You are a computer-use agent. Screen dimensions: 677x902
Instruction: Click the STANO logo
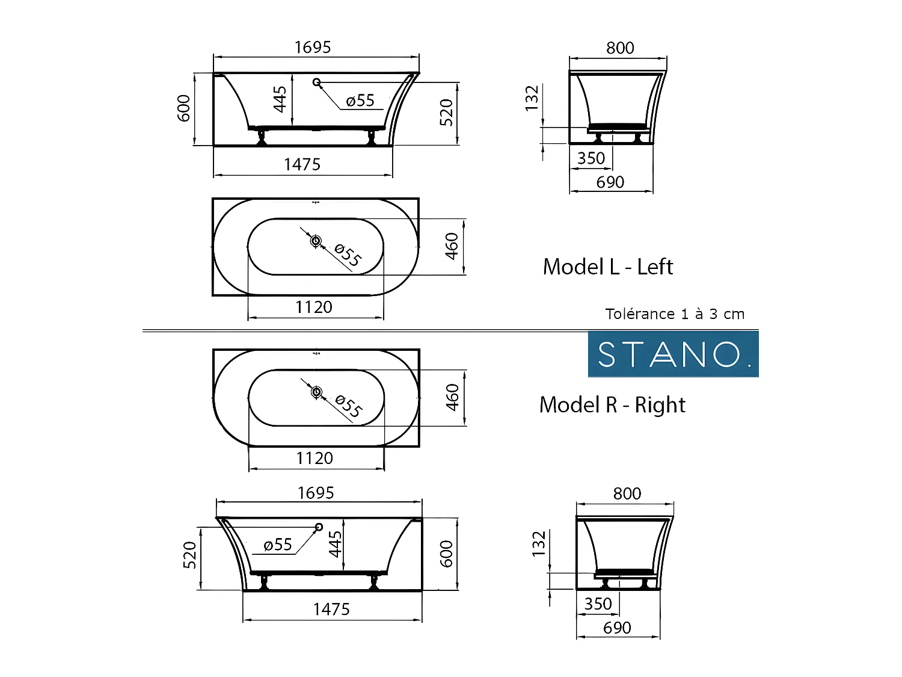673,354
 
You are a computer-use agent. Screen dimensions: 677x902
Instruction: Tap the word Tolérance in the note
640,314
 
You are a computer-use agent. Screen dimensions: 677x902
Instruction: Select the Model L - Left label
607,267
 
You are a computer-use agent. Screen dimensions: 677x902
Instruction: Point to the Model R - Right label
612,405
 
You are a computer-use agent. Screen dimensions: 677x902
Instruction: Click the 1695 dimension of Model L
313,47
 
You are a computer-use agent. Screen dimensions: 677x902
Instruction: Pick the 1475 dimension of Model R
331,609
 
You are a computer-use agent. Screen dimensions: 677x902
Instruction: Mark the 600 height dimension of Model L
184,108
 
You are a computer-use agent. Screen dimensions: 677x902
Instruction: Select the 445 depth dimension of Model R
335,544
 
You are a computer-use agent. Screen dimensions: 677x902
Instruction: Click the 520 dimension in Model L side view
446,113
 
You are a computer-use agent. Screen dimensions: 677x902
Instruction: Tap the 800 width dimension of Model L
620,48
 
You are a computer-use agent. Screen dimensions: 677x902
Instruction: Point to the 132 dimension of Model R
539,544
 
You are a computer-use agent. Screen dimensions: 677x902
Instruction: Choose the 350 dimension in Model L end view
591,158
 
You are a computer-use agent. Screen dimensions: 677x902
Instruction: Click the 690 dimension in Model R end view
617,628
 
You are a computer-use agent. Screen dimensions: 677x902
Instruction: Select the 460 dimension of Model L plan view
452,246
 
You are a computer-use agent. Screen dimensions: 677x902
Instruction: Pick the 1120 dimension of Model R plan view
314,458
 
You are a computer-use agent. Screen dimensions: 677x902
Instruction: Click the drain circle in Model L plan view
316,241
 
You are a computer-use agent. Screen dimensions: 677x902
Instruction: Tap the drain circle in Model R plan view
316,392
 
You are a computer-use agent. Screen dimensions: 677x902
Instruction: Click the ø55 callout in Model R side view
278,545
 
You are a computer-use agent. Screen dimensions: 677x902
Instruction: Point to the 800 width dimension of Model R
627,493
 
